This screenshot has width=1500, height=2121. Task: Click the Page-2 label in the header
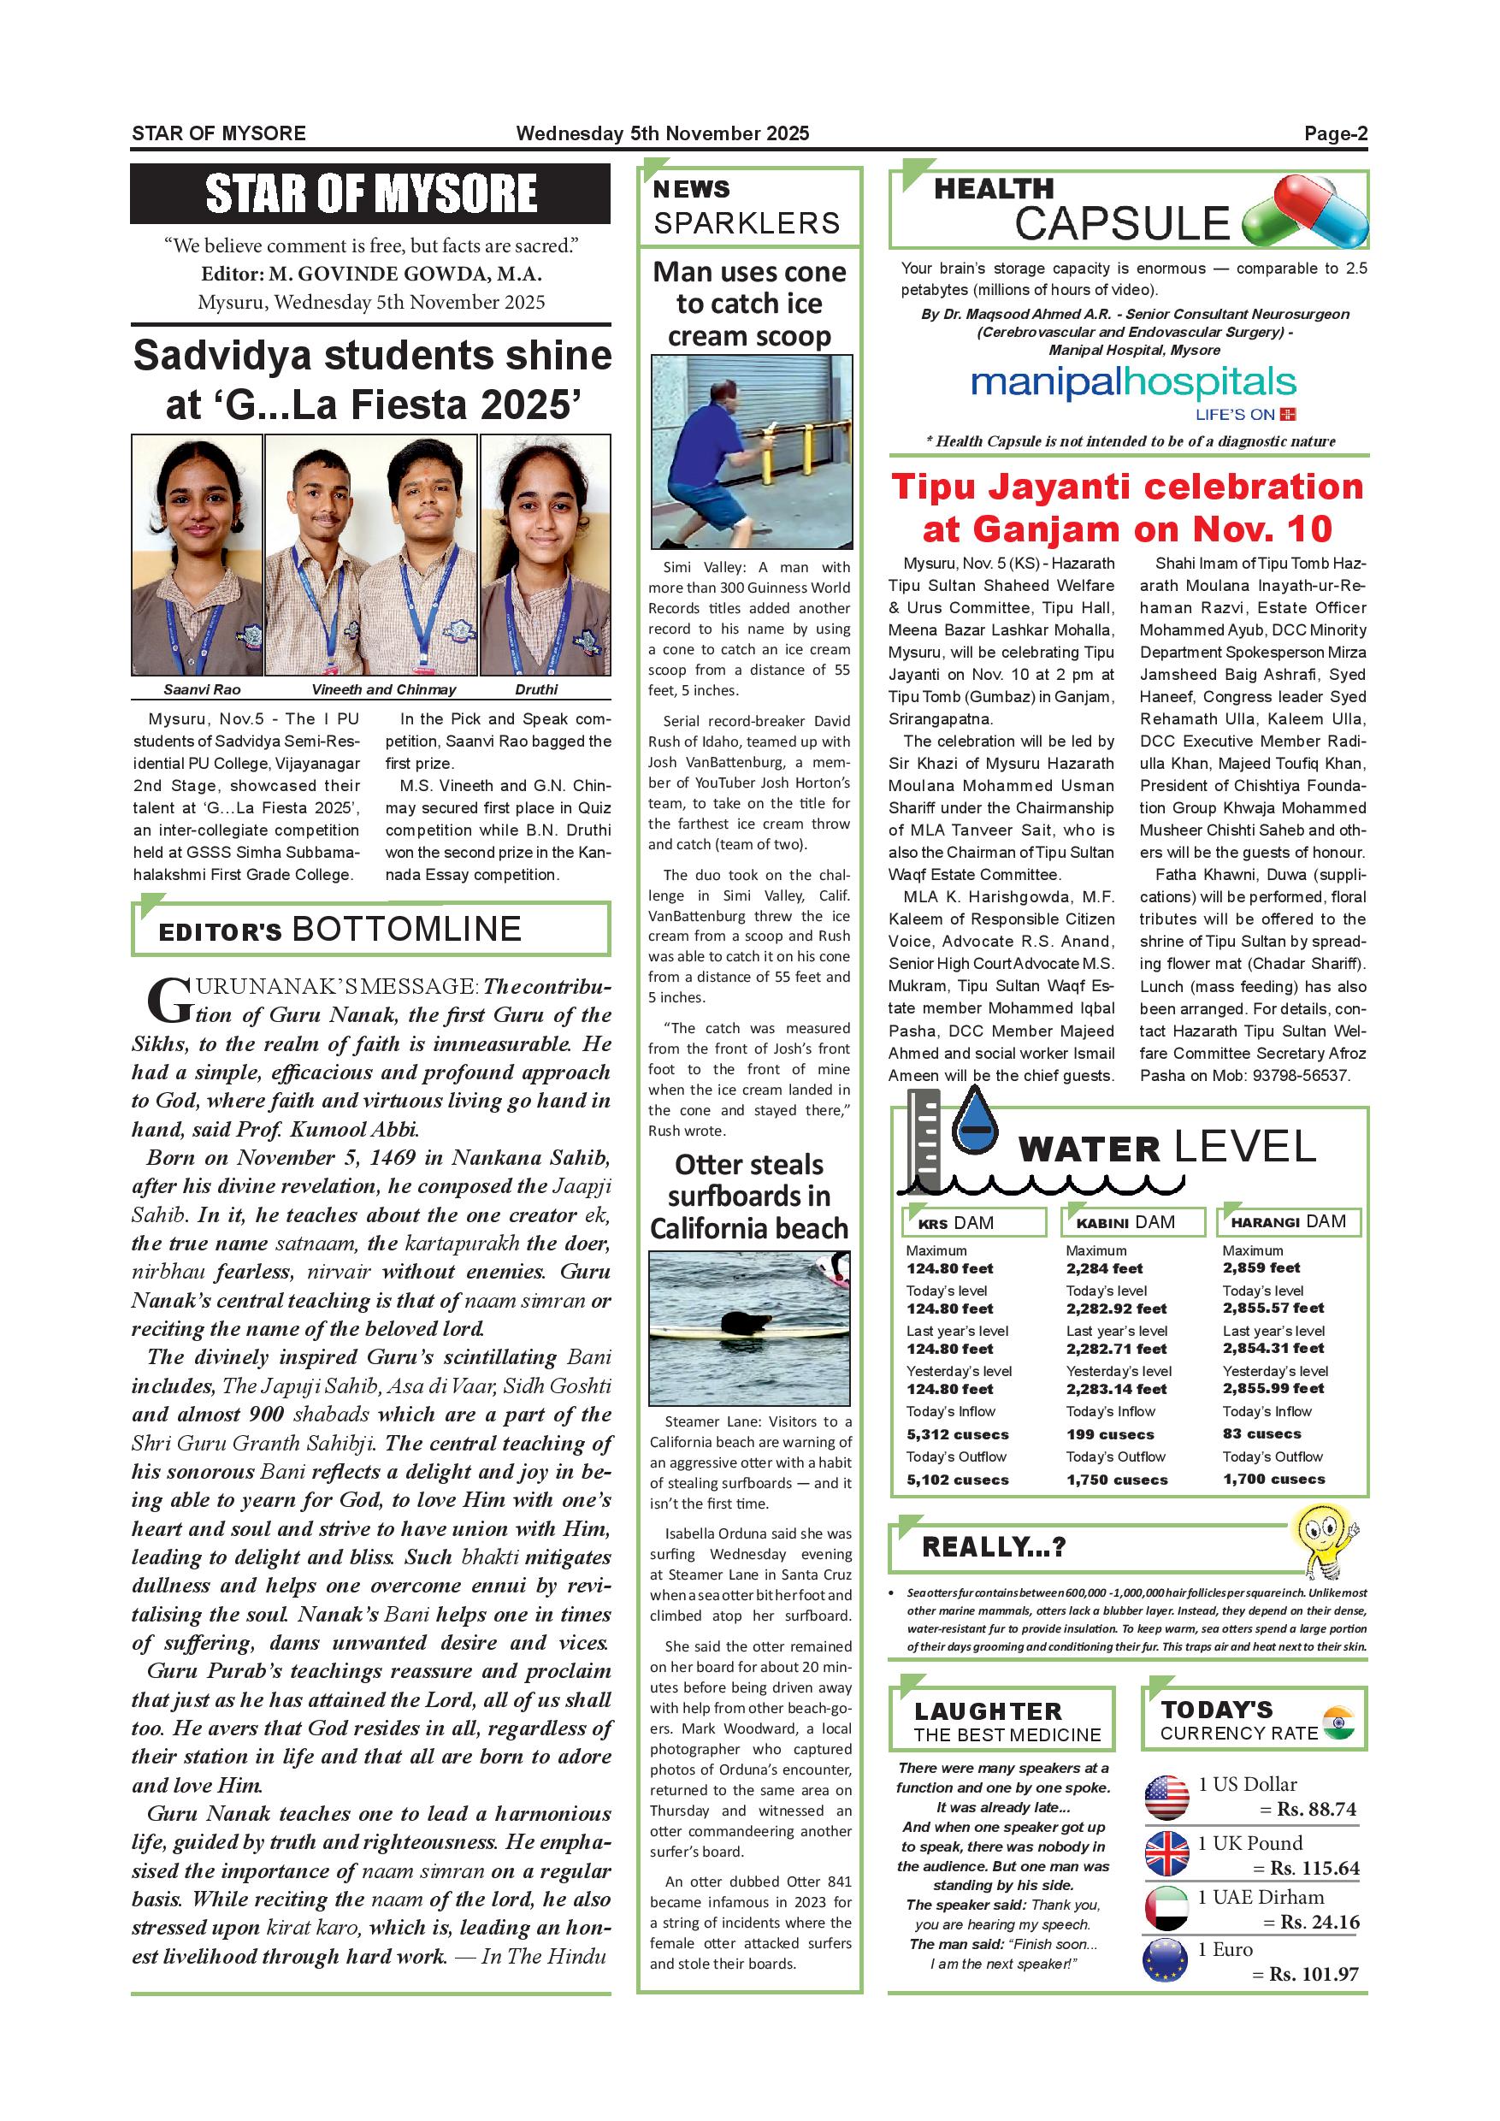1335,134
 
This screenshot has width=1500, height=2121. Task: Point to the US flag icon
1166,1797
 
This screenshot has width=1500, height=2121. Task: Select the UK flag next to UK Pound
1166,1854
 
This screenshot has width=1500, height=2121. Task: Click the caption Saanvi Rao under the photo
201,689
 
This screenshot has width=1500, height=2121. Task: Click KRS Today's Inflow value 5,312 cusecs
957,1434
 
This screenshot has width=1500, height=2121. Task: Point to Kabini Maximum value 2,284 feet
1104,1268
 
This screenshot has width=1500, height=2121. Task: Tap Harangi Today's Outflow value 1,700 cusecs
1273,1479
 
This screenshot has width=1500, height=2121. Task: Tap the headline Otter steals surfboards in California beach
748,1196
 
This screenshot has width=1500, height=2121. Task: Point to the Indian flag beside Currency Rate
1338,1722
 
